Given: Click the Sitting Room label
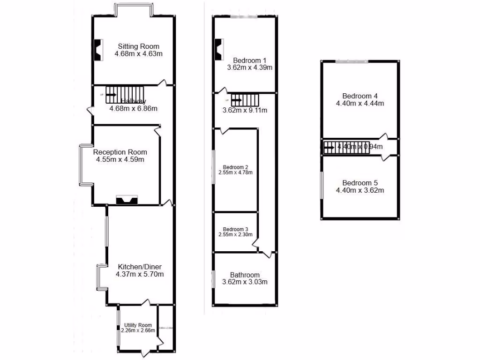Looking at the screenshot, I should click(x=138, y=46).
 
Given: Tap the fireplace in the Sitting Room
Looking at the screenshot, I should click(x=98, y=50).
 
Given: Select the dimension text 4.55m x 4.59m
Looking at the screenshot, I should click(x=120, y=159).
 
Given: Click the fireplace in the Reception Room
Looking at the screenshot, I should click(x=127, y=201).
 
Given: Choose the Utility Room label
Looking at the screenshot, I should click(x=138, y=325).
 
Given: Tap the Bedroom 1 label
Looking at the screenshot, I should click(x=250, y=60).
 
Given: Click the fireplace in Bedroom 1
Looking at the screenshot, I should click(x=219, y=49).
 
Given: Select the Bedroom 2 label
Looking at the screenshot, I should click(x=235, y=167).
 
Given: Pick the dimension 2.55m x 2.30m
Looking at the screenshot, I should click(x=235, y=234).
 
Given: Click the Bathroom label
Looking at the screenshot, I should click(x=245, y=275).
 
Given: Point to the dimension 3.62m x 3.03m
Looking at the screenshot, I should click(x=245, y=282).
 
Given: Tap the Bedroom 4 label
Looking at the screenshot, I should click(x=360, y=96).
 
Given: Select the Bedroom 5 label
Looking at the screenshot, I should click(x=360, y=183).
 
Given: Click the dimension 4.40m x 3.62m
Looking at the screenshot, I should click(x=360, y=190).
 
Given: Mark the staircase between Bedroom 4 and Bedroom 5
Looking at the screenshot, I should click(x=347, y=147).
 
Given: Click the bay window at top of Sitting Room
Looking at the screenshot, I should click(x=135, y=9).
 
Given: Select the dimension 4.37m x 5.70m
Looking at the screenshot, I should click(x=139, y=274).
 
